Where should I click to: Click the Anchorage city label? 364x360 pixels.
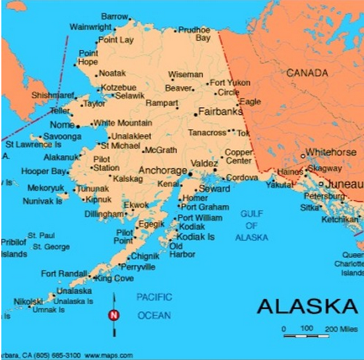(163, 170)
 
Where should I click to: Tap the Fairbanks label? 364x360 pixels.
(220, 111)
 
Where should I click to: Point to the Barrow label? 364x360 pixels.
(114, 16)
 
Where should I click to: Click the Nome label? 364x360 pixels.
(63, 125)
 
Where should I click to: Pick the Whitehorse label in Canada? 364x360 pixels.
(330, 152)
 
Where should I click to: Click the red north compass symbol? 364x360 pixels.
(113, 315)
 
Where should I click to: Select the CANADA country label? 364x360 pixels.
(307, 73)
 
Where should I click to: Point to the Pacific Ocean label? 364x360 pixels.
(154, 307)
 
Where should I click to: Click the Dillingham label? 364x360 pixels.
(104, 214)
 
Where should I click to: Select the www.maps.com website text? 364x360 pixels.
(108, 355)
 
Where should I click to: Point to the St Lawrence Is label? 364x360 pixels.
(33, 144)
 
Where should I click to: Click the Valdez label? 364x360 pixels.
(203, 163)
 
